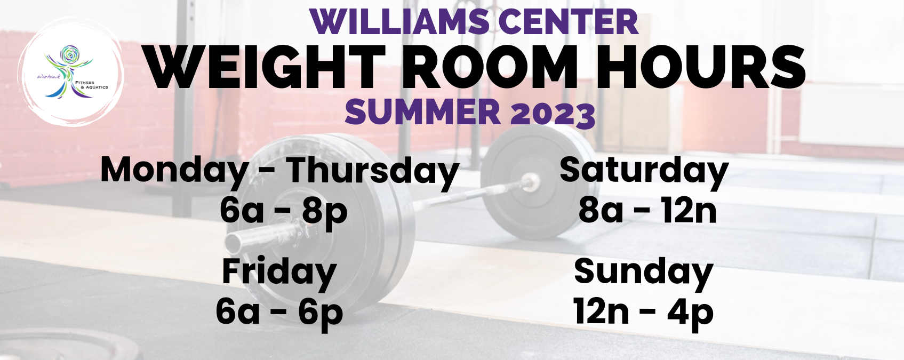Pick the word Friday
click(x=279, y=273)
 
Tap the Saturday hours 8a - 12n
click(x=647, y=211)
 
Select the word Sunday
click(x=643, y=273)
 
